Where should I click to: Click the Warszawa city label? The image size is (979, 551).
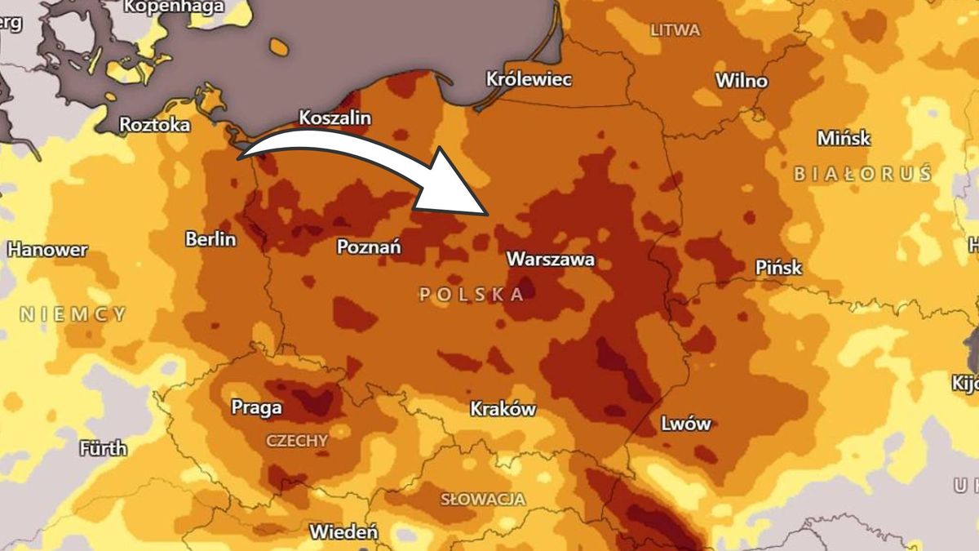pos(551,260)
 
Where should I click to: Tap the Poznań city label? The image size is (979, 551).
pos(369,247)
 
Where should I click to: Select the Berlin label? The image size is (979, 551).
pos(210,239)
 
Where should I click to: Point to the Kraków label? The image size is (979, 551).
pos(503,409)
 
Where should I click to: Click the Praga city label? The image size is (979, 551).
pos(256,407)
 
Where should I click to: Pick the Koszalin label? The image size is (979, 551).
pos(334,118)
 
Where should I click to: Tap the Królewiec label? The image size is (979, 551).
pos(529,80)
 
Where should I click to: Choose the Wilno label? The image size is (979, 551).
pos(741,81)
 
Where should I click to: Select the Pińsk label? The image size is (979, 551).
pos(778,268)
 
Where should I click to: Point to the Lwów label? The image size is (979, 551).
pos(685,424)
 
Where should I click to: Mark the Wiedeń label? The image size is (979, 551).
pos(343,532)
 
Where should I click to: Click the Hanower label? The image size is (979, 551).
pos(47,250)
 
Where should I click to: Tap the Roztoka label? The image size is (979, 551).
pos(154,125)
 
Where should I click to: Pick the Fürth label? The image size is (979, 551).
pos(104,448)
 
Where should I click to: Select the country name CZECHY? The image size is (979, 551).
pos(297,441)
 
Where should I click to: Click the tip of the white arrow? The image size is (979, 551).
pos(488,214)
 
